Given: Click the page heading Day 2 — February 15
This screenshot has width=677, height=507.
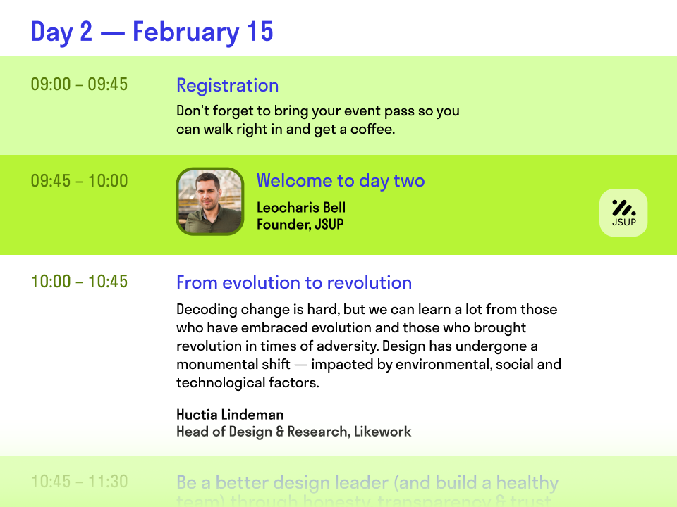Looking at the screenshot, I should (152, 32).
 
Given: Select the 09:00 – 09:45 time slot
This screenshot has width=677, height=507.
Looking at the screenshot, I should (79, 84).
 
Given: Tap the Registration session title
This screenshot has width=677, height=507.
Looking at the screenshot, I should (227, 86).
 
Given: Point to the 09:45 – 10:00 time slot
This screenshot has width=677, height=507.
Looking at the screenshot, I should (79, 181).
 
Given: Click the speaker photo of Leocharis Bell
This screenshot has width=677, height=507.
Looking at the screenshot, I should (209, 201).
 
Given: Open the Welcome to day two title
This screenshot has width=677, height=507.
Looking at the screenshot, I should (340, 181).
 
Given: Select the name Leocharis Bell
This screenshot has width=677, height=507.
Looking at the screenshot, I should (300, 207).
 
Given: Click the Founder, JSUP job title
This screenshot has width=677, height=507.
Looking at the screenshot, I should (300, 225).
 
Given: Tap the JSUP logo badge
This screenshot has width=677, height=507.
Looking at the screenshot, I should (623, 213).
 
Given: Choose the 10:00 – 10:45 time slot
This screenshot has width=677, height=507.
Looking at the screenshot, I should (79, 282).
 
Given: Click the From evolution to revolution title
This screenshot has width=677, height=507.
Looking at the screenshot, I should (293, 283).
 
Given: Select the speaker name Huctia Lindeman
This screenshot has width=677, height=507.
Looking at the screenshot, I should (230, 414).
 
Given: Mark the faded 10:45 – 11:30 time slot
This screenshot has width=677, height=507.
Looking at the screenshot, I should (79, 482).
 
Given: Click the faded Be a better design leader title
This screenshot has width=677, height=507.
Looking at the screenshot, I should (367, 483).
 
